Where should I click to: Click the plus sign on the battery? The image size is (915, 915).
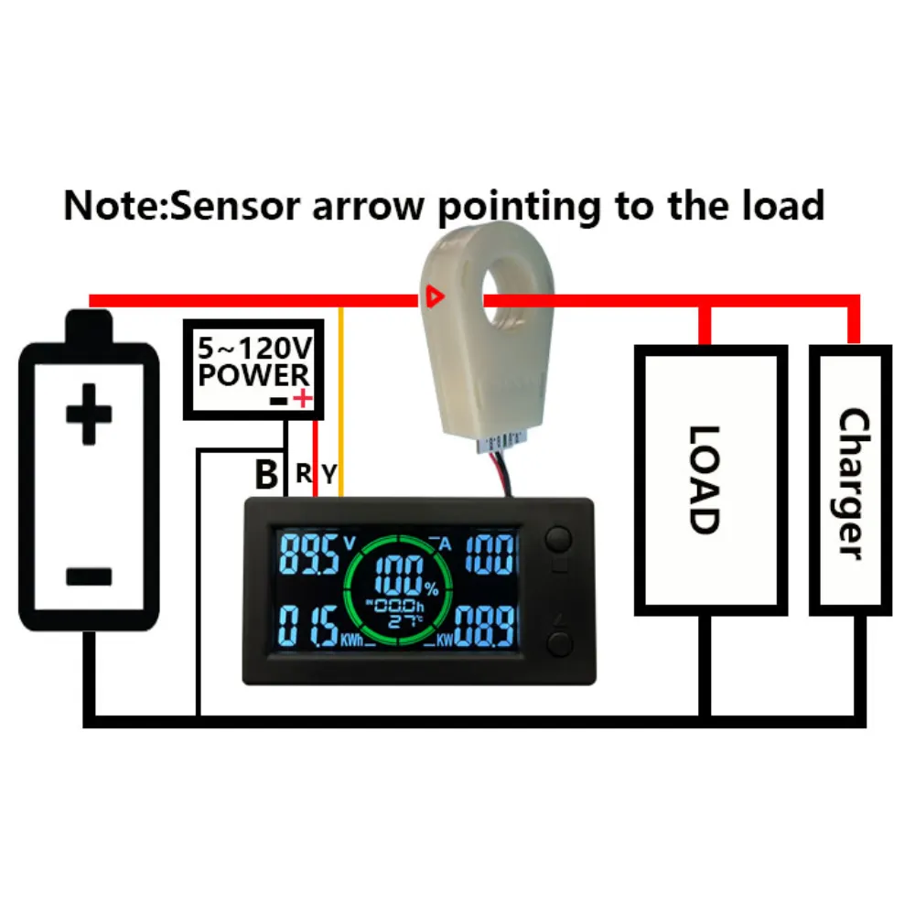point(89,414)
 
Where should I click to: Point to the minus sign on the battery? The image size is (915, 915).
point(89,576)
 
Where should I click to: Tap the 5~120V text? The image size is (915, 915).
point(253,349)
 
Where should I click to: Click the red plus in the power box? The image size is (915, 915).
point(302,398)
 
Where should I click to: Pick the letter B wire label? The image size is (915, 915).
point(266,475)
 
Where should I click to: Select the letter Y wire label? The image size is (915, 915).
point(328,474)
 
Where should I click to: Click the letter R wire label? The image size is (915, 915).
point(304,474)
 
